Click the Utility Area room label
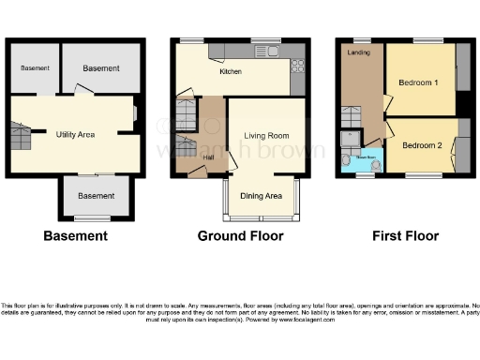coord(75,135)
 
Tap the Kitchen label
coord(232,71)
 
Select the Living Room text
coord(265,135)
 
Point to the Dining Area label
coord(262,195)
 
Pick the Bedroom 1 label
coord(419,82)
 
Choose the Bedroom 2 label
coord(421,145)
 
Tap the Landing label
coord(358,52)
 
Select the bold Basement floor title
coord(75,236)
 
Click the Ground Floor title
coord(240,236)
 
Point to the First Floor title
coord(405,236)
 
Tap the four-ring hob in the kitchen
coord(299,66)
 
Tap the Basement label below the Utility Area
coord(97,195)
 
